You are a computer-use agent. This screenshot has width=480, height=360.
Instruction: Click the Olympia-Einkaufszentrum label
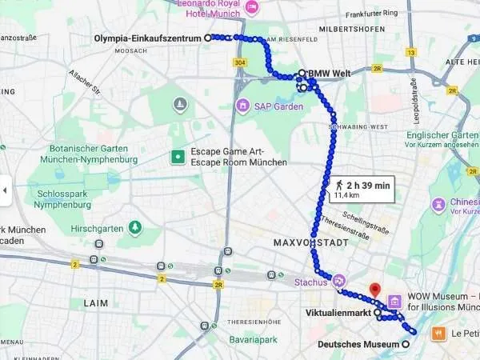point(148,38)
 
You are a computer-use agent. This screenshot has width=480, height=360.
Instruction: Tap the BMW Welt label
point(331,74)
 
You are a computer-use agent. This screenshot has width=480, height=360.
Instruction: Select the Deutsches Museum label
point(358,345)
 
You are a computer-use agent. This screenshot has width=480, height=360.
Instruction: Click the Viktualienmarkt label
point(338,313)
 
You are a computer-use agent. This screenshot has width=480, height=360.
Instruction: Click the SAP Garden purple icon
point(242,106)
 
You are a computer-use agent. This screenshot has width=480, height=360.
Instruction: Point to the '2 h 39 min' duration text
point(368,186)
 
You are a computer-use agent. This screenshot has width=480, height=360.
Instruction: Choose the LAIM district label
point(95,303)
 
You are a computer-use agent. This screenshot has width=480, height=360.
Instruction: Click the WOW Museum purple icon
point(394,302)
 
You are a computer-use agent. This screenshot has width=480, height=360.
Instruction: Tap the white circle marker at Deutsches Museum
point(406,345)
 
